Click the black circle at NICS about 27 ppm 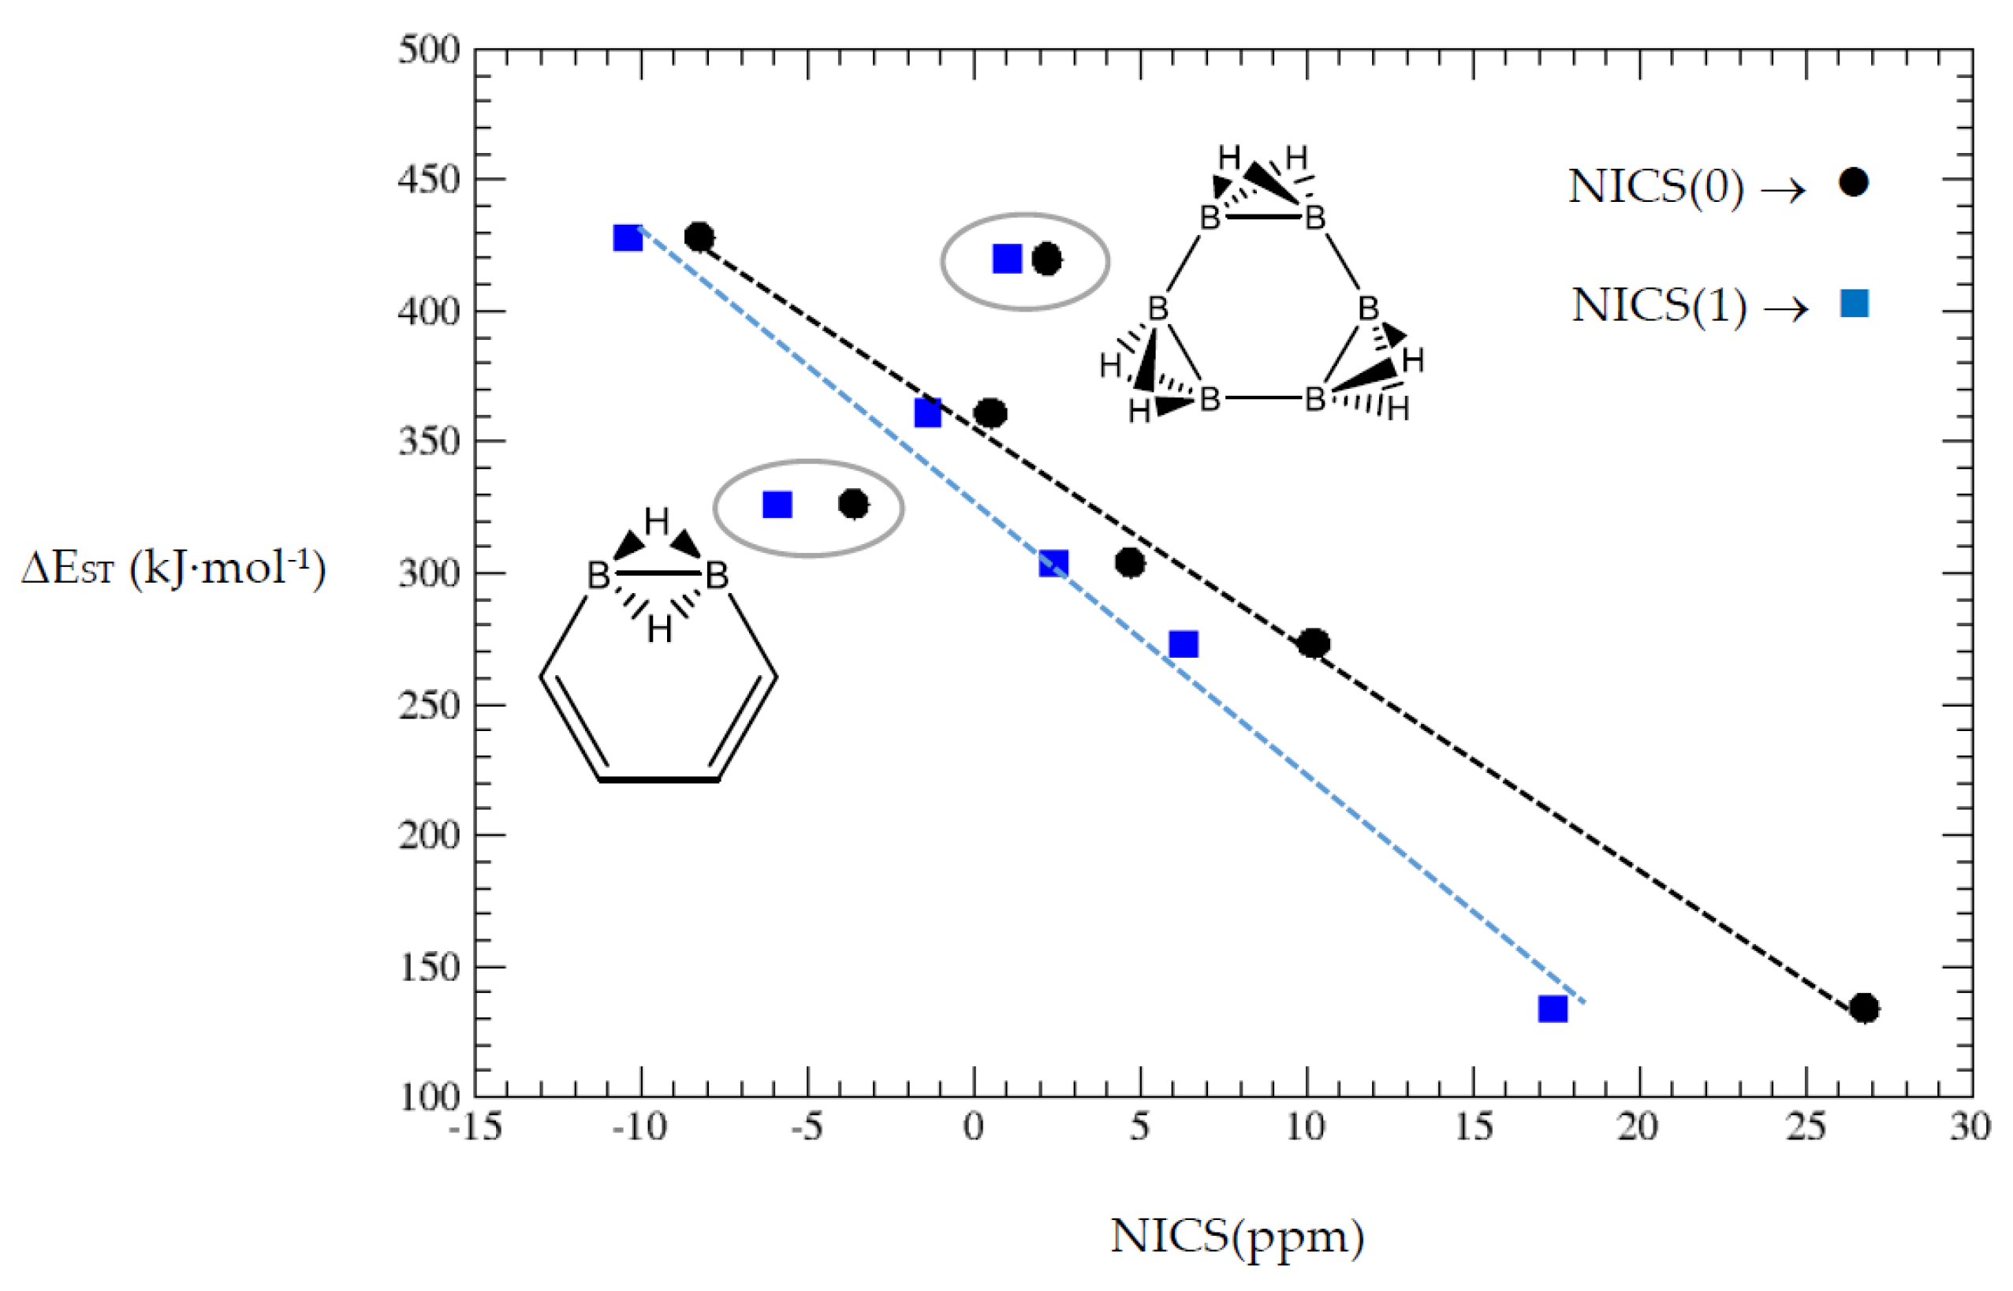pyautogui.click(x=1863, y=1008)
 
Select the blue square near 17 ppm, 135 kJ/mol pyautogui.click(x=1552, y=1009)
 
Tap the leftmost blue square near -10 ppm pyautogui.click(x=628, y=238)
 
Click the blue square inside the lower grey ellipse pyautogui.click(x=777, y=505)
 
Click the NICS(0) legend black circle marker pyautogui.click(x=1853, y=182)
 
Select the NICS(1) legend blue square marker pyautogui.click(x=1854, y=303)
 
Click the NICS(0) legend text pyautogui.click(x=1656, y=186)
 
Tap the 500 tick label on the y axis pyautogui.click(x=429, y=50)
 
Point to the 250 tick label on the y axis pyautogui.click(x=429, y=705)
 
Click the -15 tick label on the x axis pyautogui.click(x=475, y=1127)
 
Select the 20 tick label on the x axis pyautogui.click(x=1638, y=1127)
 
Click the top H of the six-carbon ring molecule pyautogui.click(x=656, y=521)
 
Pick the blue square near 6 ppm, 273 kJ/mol pyautogui.click(x=1183, y=644)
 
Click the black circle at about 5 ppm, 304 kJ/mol pyautogui.click(x=1130, y=562)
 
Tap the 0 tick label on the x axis pyautogui.click(x=973, y=1127)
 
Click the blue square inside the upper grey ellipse pyautogui.click(x=1006, y=259)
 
